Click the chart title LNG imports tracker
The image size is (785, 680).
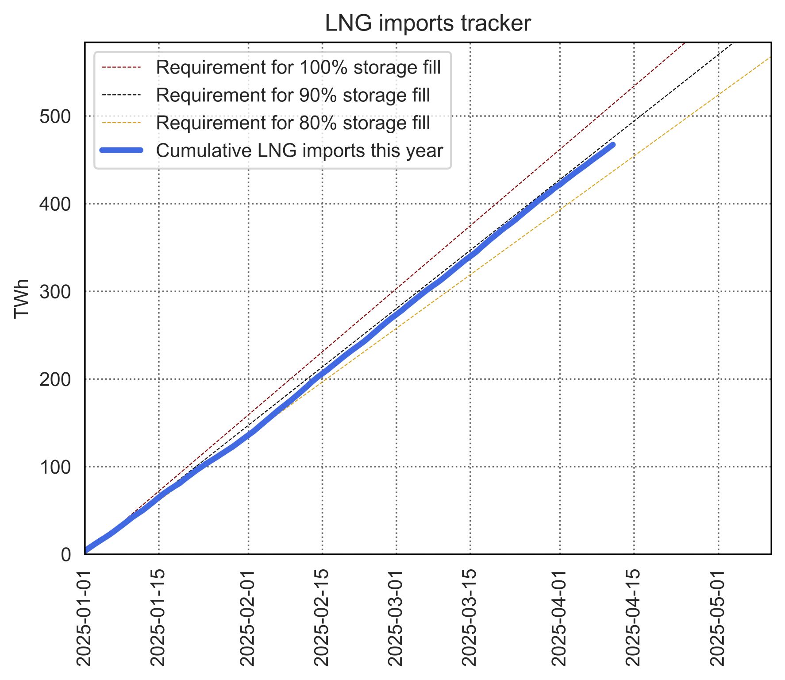point(427,23)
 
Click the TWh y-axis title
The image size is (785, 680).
point(22,298)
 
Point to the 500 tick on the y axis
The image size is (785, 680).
point(55,117)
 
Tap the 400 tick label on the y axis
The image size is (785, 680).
point(55,205)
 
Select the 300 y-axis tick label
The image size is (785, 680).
point(55,292)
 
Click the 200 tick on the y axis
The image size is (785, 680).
point(55,380)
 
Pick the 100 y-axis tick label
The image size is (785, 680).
point(55,467)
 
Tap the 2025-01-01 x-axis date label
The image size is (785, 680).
point(84,617)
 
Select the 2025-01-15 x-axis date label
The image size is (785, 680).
point(158,617)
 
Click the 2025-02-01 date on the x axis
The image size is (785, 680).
point(248,617)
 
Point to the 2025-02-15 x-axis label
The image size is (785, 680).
point(322,617)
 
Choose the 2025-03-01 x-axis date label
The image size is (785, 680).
point(396,617)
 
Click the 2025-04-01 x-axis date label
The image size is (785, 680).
point(560,617)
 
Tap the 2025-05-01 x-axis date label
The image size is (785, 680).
point(718,617)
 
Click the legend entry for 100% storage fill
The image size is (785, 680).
point(298,68)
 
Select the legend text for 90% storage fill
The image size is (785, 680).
point(293,96)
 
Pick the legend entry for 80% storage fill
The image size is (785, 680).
point(293,123)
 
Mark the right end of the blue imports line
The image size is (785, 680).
point(612,145)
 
